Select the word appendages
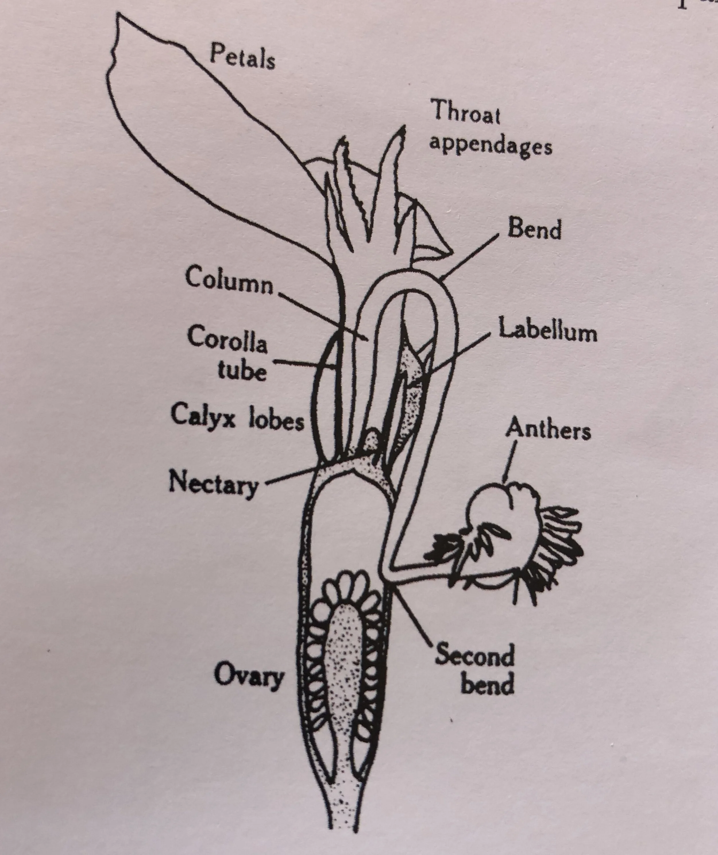[x=491, y=145]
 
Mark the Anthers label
[x=548, y=430]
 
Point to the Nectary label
[x=213, y=484]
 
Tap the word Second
[x=474, y=655]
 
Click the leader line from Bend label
[x=470, y=256]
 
